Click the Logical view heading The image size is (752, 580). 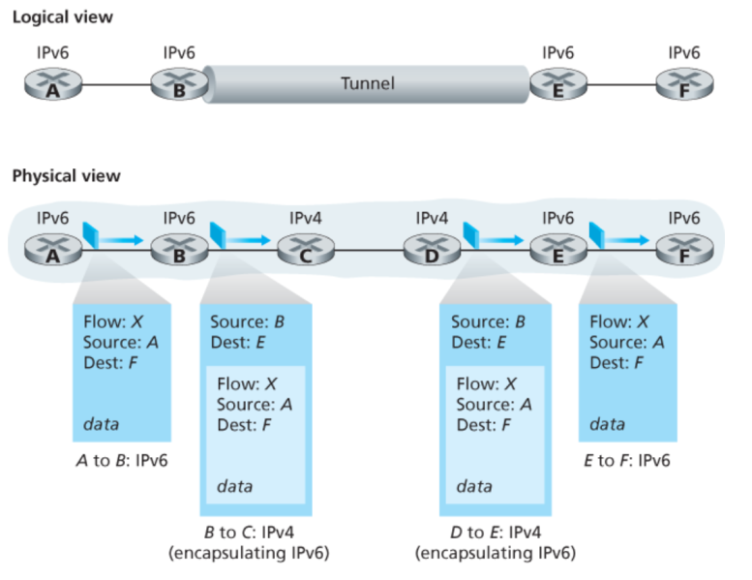pos(62,17)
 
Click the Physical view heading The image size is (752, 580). pos(66,176)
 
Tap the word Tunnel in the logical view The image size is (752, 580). pos(367,83)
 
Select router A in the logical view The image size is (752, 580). pos(52,86)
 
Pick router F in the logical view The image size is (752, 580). pos(684,86)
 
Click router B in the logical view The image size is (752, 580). pos(179,86)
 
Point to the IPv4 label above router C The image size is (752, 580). pos(306,219)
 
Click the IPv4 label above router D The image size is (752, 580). pos(432,219)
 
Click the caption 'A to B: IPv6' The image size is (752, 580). pos(121,460)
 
